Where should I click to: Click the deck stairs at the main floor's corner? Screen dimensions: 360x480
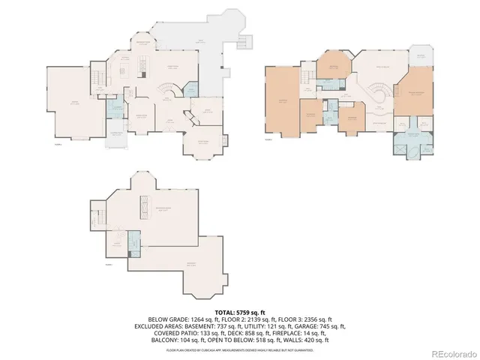click(244, 40)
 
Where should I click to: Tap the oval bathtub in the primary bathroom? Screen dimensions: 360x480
click(411, 148)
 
